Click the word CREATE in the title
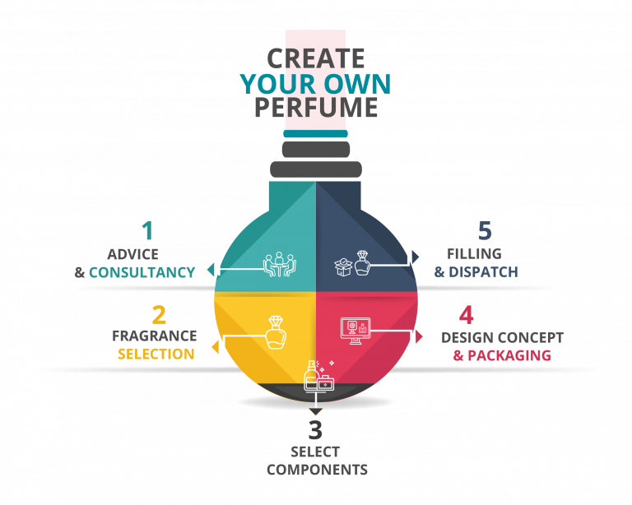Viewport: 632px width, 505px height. [316, 58]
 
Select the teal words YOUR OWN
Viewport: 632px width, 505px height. [316, 83]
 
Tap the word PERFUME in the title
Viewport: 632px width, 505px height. [316, 108]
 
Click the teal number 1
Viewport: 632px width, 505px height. [147, 230]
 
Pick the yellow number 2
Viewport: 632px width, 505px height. [159, 316]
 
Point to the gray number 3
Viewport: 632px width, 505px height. [316, 430]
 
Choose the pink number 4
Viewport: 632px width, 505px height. [467, 316]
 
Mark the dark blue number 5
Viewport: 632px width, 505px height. [485, 230]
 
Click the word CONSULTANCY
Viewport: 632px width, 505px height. [142, 272]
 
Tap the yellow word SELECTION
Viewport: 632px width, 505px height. [156, 354]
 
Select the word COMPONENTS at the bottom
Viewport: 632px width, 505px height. [317, 470]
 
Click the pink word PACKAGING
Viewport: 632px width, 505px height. [509, 356]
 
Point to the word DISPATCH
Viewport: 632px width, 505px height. [483, 272]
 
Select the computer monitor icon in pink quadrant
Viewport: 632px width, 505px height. [355, 331]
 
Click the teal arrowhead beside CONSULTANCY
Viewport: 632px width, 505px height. [211, 270]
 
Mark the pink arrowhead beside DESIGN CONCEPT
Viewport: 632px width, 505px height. [420, 336]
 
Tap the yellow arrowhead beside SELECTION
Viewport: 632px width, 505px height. [215, 347]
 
